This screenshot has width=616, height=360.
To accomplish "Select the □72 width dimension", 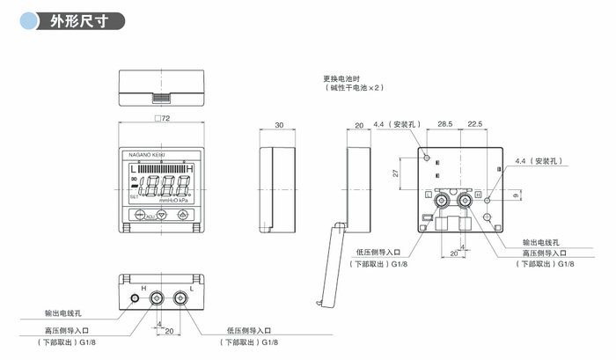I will coord(160,118).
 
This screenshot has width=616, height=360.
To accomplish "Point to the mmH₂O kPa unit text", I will coord(173,200).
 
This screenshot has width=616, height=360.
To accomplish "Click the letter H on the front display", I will coord(192,168).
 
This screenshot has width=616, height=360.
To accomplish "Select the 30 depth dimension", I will coord(279,126).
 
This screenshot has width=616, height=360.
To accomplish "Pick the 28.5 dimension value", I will coord(444,125).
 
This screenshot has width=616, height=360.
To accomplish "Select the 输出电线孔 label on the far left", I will coord(63,313).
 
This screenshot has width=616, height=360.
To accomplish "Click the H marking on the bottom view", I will coord(143,288).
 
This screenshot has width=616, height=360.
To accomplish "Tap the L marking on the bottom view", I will coord(191,288).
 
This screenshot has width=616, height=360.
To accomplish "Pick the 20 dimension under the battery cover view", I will coord(359,126).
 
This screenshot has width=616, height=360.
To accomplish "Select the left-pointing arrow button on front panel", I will coord(139,216).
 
